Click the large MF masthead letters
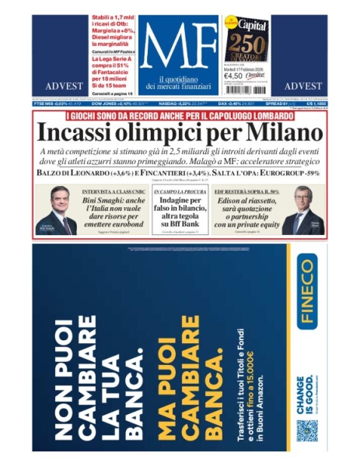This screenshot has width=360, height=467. coord(179,48)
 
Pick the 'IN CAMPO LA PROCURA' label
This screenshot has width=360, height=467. coord(180,190)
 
